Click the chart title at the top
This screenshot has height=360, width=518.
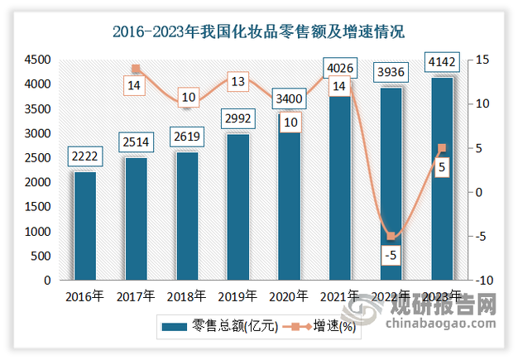coord(258,33)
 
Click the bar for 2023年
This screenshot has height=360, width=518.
coord(441,178)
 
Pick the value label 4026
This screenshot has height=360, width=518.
coord(339,67)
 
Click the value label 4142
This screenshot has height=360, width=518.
coord(441,61)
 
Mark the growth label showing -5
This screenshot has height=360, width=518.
coord(390,254)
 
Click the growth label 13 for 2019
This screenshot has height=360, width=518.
coord(237,81)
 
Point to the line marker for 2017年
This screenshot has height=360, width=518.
coord(136,69)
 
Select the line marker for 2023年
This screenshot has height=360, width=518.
coord(441,148)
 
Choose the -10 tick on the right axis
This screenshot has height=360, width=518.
coord(482,281)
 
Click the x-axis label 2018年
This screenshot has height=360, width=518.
coord(187,295)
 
